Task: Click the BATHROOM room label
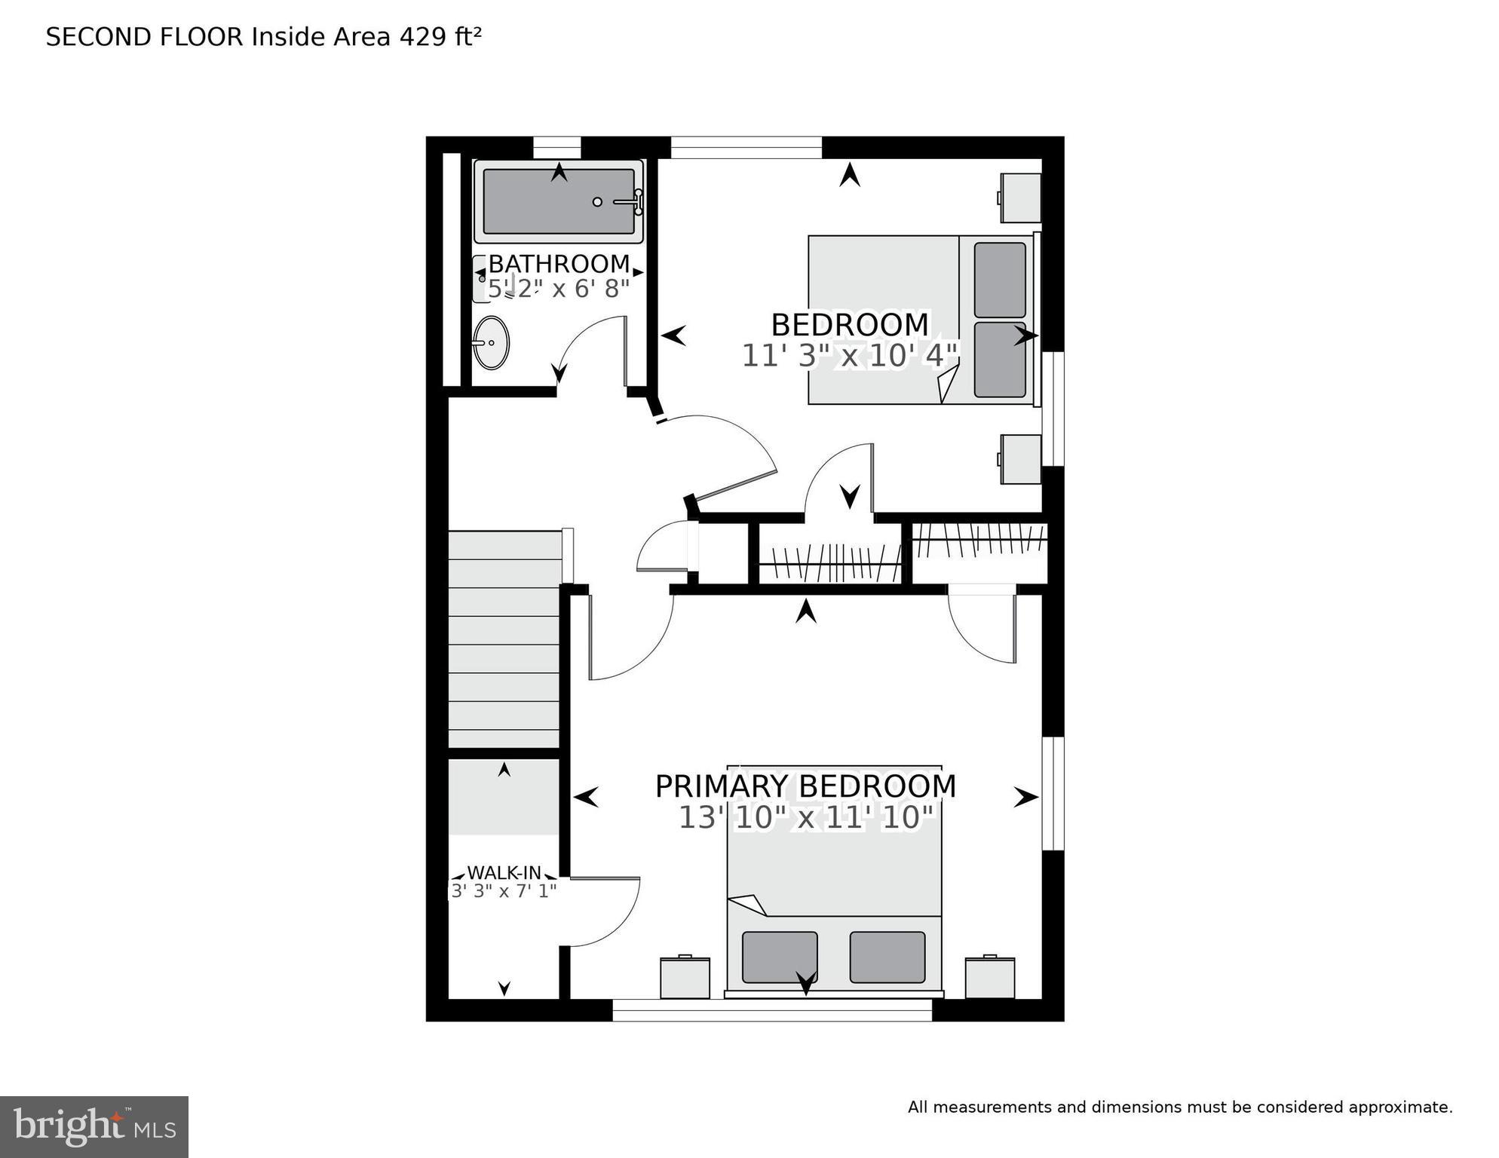(x=559, y=264)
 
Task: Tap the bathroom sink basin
(x=491, y=343)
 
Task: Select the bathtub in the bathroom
(x=558, y=202)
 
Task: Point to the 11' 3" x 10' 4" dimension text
(x=849, y=356)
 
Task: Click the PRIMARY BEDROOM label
(x=805, y=786)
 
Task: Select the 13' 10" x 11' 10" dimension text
(x=806, y=818)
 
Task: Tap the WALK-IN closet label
(x=504, y=872)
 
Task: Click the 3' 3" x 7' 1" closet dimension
(x=504, y=891)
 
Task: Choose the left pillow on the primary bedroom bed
(x=780, y=957)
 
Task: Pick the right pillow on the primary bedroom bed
(x=887, y=957)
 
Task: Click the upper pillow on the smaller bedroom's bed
(x=1000, y=280)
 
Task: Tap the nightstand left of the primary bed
(x=685, y=978)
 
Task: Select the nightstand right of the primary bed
(x=990, y=978)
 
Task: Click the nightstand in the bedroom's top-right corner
(x=1021, y=198)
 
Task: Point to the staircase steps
(x=504, y=641)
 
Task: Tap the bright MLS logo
(x=93, y=1126)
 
